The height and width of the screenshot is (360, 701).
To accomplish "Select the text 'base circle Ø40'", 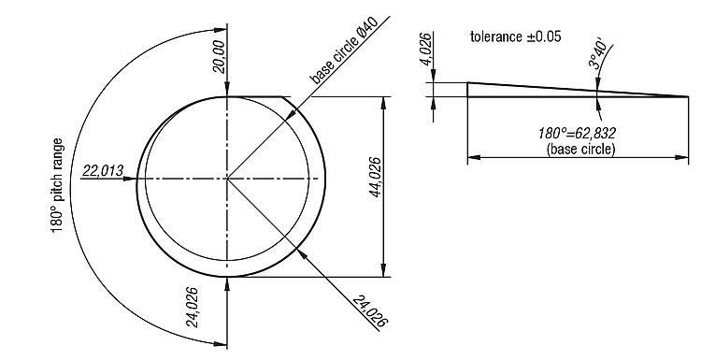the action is (344, 50).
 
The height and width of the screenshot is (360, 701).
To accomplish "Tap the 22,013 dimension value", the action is (103, 171).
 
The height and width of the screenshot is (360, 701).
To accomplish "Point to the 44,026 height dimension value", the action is (375, 177).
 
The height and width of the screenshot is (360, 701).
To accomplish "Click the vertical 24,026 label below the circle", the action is (193, 307).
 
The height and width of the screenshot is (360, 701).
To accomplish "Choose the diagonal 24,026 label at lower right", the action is (370, 310).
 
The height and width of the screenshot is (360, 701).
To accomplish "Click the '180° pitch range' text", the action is (57, 185).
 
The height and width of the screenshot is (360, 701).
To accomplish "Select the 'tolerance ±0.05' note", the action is (515, 36).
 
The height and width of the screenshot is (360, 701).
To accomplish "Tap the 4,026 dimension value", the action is (426, 50).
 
